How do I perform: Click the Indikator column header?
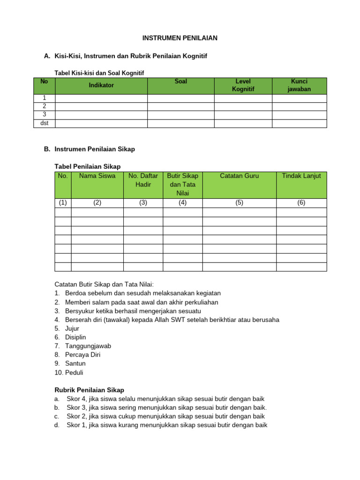[102, 85]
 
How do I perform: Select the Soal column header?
[180, 82]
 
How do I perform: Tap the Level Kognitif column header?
[243, 85]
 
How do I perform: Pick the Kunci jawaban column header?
[299, 85]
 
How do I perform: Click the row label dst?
[45, 123]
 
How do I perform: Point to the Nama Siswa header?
[97, 176]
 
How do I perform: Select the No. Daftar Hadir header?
[143, 180]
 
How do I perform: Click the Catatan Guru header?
[239, 176]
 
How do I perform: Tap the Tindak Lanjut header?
[301, 176]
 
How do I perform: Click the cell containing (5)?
[239, 203]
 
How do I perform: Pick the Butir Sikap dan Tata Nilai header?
[182, 184]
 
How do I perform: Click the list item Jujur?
[73, 328]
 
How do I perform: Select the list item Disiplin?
[75, 337]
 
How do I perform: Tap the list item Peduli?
[74, 373]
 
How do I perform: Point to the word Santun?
[75, 364]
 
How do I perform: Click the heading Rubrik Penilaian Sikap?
[90, 390]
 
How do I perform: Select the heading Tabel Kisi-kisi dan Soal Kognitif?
[99, 73]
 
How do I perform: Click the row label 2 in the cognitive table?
[45, 106]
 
